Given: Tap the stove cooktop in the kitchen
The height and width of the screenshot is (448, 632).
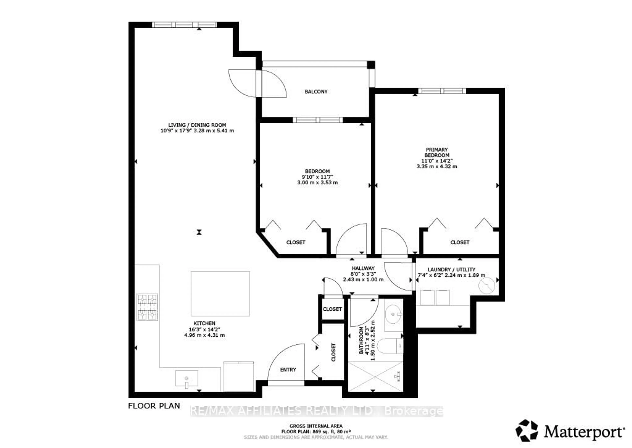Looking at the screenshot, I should tap(147, 307).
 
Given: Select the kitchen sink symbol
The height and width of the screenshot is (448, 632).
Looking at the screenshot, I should tap(186, 378).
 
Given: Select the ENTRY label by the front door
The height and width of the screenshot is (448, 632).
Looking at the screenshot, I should tap(288, 370).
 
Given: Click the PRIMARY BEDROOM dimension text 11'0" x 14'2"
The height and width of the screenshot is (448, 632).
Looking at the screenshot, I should tap(437, 161).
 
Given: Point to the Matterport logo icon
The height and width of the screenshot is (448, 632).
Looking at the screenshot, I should tap(527, 431).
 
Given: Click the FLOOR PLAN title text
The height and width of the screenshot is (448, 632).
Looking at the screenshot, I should tap(154, 406).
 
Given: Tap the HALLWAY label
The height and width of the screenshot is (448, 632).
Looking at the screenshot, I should tap(363, 268).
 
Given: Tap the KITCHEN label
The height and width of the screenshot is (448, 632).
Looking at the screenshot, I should tap(204, 323).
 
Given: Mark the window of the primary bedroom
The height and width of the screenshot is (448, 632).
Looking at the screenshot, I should tap(442, 91).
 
